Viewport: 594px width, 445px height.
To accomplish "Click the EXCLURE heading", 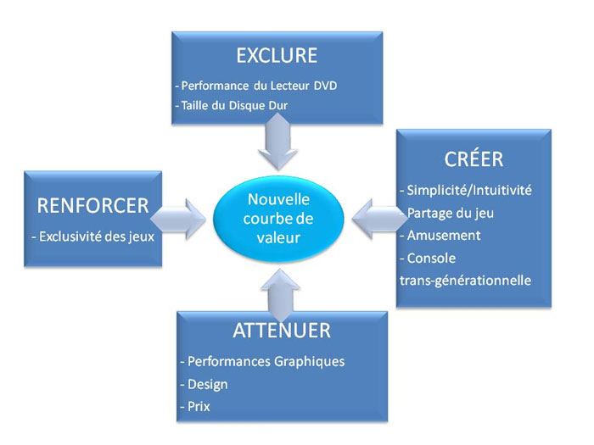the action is point(277,56).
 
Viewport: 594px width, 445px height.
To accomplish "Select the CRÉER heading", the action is point(474,159).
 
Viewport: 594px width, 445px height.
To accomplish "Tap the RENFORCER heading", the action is point(92,206).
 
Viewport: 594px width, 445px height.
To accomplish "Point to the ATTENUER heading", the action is point(282,331).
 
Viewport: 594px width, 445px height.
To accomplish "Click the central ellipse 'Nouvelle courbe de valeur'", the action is point(278,219).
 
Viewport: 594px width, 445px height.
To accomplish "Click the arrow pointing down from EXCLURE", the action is point(278,142).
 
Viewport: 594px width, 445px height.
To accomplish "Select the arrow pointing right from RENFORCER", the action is point(178,219).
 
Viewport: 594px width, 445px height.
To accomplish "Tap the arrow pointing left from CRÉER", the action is point(379,219).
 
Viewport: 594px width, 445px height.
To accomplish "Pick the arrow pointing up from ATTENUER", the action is point(280,295).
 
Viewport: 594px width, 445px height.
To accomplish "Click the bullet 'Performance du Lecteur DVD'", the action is point(256,86).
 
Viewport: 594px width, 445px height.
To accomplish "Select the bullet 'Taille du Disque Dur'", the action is point(232,105).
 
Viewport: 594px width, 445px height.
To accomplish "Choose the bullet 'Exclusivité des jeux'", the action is point(93,236).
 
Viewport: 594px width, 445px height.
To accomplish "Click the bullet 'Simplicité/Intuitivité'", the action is point(466,190).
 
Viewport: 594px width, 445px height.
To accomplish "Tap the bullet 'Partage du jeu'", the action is point(447,213).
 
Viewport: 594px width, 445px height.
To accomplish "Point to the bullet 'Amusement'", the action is point(440,236).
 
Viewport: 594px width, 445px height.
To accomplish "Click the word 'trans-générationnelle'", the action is point(465,281).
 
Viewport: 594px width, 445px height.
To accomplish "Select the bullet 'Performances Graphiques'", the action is point(262,361).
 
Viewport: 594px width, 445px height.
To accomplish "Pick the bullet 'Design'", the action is point(205,385).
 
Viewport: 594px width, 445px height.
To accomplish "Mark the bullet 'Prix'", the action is point(195,407).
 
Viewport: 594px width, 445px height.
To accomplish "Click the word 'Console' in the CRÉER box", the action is point(431,258).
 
